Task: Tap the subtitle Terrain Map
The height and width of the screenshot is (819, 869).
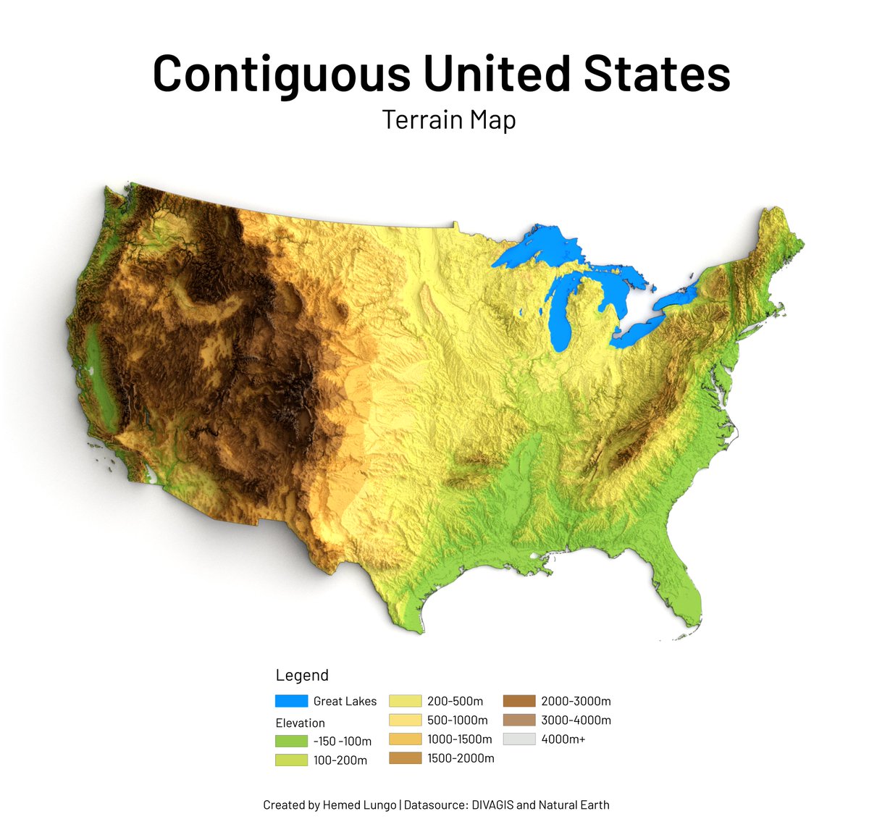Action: point(448,119)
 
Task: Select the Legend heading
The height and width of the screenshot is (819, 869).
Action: point(302,675)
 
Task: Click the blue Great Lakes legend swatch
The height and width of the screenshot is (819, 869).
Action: point(291,701)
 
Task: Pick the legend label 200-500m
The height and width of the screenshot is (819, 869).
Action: point(455,701)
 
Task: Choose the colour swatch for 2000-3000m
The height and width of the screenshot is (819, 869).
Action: point(519,701)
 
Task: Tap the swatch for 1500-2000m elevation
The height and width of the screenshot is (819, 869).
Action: point(405,758)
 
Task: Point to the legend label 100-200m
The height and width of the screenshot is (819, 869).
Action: point(340,760)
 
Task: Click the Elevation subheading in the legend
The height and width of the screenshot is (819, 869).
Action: point(300,723)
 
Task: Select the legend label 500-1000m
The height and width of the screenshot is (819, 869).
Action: point(457,720)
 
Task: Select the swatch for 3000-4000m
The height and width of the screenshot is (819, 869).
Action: point(519,720)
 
